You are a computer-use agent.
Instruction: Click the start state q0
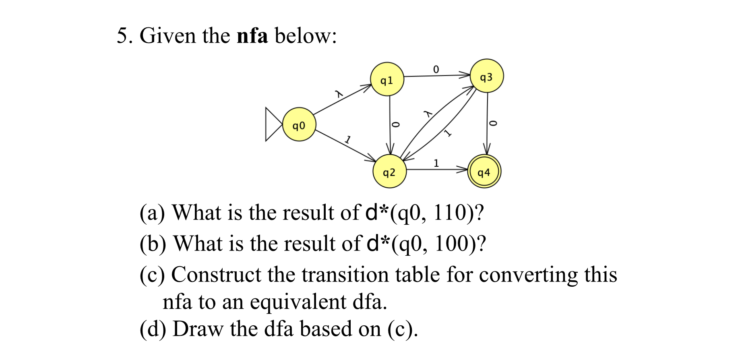(x=299, y=124)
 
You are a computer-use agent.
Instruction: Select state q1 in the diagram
(x=387, y=79)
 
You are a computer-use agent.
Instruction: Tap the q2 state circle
(x=389, y=172)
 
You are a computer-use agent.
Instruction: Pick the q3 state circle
(x=486, y=76)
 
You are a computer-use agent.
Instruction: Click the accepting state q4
(x=484, y=172)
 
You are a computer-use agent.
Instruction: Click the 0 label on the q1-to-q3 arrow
(x=436, y=69)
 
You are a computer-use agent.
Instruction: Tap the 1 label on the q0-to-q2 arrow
(x=347, y=140)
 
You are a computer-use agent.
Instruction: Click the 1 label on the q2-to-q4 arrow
(x=436, y=163)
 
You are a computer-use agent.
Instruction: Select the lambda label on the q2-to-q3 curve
(x=428, y=114)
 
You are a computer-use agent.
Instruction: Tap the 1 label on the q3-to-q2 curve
(x=447, y=133)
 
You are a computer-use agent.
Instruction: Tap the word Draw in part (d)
(x=197, y=329)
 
